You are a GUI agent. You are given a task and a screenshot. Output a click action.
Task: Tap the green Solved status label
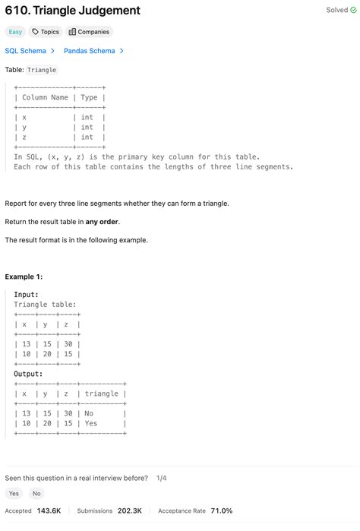tap(341, 11)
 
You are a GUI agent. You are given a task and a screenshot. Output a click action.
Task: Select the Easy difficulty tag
tap(14, 32)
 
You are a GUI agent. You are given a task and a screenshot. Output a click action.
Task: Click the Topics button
tap(45, 32)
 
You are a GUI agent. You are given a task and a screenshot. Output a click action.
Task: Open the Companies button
tap(89, 32)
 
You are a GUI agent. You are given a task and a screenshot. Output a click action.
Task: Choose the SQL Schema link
tap(30, 51)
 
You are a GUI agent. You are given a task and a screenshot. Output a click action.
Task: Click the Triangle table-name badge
tap(43, 70)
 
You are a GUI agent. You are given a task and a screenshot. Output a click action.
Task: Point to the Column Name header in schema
tap(45, 97)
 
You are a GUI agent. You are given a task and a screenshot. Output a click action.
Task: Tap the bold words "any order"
tap(103, 222)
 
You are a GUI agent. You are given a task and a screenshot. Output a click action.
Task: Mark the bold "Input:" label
tap(27, 295)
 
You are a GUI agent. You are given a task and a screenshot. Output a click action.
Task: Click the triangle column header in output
tap(102, 394)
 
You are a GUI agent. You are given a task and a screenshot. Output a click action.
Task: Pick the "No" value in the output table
tap(90, 413)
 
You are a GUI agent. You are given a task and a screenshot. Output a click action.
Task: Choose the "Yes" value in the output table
tap(91, 423)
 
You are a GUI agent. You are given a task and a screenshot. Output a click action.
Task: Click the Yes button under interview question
tap(14, 494)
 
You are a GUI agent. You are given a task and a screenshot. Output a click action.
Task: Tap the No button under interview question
tap(36, 494)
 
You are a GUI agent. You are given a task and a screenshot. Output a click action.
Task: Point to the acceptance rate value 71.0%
tap(222, 511)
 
